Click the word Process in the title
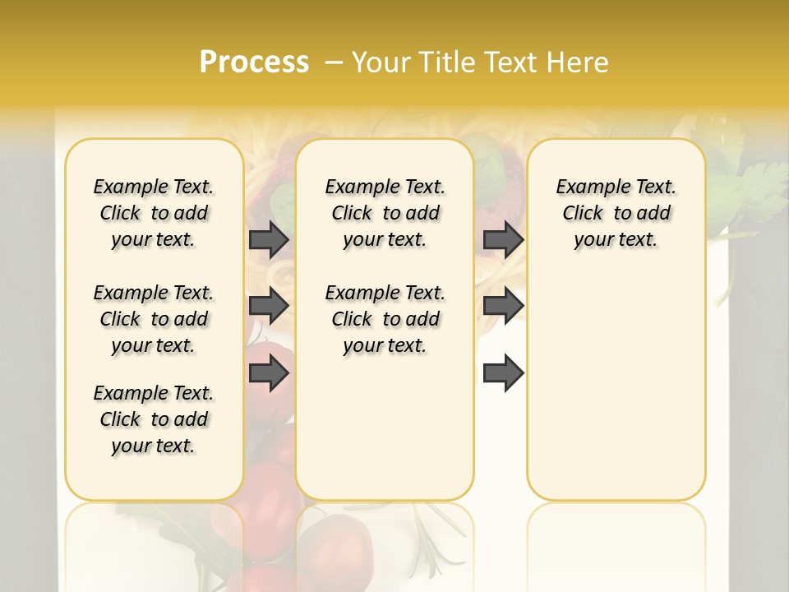(254, 62)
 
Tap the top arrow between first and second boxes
(268, 239)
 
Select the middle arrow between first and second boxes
(268, 307)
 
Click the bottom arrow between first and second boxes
(268, 374)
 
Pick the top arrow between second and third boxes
(503, 239)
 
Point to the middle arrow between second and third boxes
(503, 307)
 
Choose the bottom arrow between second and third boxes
(503, 374)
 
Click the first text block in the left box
(154, 213)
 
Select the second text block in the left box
(154, 319)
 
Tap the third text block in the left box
(154, 419)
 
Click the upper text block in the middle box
(385, 213)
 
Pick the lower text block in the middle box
(385, 319)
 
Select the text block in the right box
(616, 213)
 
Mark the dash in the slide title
(334, 62)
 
